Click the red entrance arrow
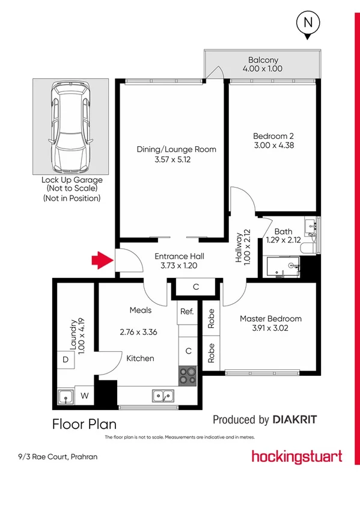[x=102, y=260]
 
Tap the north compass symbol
[x=308, y=25]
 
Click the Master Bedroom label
[x=270, y=318]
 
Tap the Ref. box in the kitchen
[x=186, y=312]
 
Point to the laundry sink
[x=66, y=396]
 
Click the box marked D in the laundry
[x=65, y=360]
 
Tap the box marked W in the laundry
[x=85, y=396]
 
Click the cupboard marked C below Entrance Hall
[x=196, y=287]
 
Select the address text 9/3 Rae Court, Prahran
[x=58, y=457]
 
